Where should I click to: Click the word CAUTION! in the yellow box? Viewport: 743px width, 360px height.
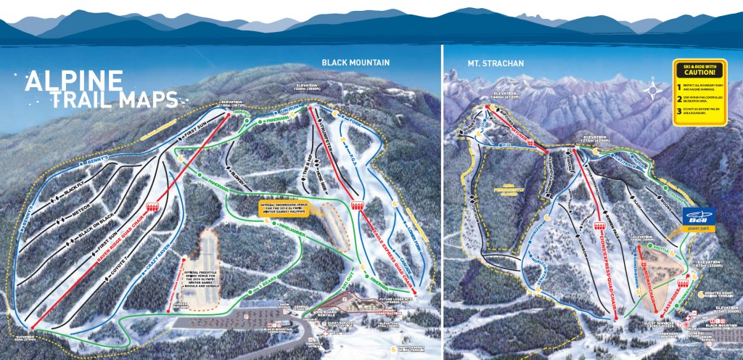click(699, 73)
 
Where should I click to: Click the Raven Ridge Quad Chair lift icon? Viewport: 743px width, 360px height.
click(153, 208)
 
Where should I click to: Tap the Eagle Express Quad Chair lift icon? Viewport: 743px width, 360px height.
click(356, 205)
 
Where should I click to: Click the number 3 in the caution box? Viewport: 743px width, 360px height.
click(679, 111)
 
